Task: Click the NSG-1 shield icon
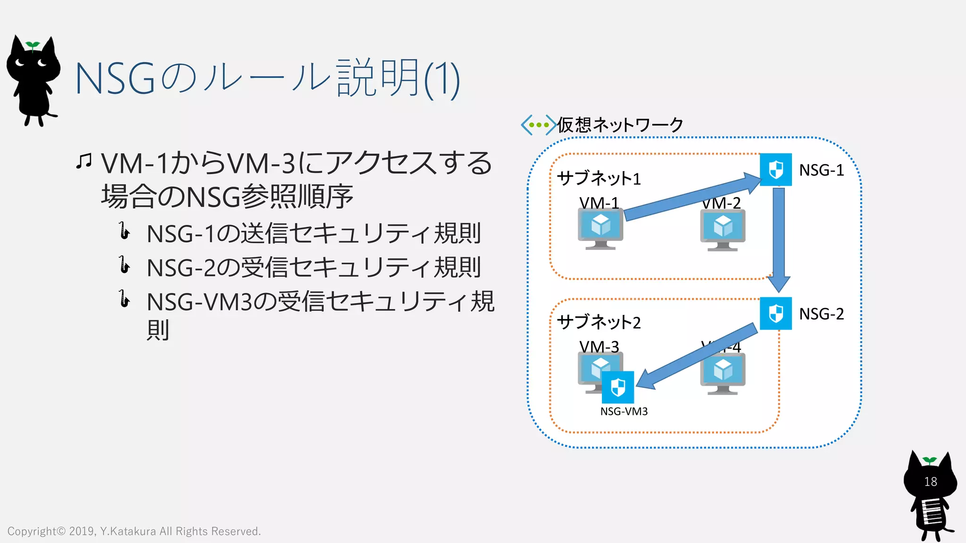coord(775,170)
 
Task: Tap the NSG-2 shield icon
coord(775,313)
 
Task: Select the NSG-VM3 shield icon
coord(618,387)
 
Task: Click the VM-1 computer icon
coord(600,229)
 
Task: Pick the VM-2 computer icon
coord(723,230)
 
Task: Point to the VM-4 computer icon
coord(723,374)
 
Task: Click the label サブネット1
coord(599,178)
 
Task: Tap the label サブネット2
coord(599,322)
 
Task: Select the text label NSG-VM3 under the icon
coord(624,411)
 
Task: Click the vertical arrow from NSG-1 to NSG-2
coord(779,236)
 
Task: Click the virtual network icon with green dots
coord(538,125)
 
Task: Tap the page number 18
coord(930,482)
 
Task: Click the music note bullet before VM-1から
coord(84,162)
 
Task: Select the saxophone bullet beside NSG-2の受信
coord(124,265)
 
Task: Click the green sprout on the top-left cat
coord(33,45)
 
